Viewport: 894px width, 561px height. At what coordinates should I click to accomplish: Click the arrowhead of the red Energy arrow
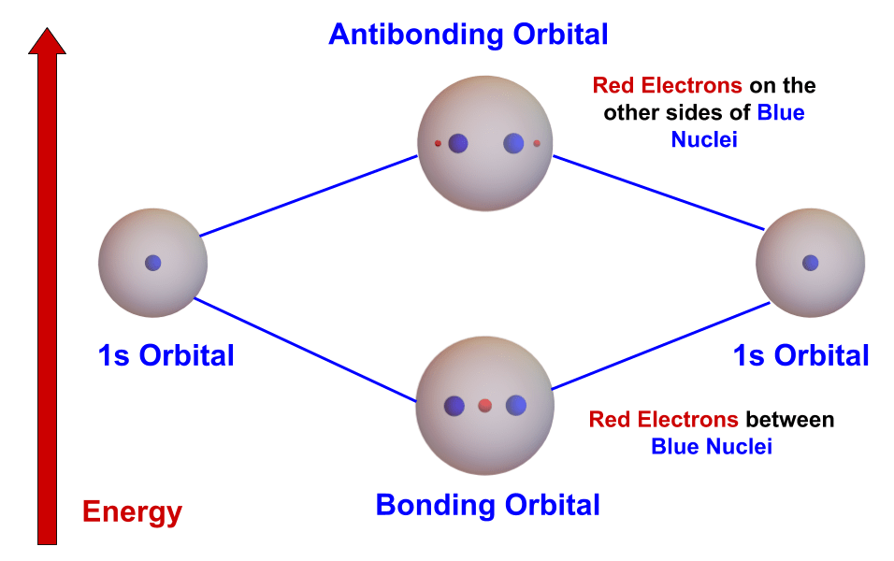[x=47, y=42]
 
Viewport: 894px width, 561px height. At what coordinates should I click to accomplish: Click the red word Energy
[x=132, y=511]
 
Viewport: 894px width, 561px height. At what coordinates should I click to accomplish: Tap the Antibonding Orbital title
[x=468, y=35]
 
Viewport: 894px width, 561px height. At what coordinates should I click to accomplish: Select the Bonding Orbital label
[x=487, y=505]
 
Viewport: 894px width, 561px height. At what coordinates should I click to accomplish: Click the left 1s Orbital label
[x=166, y=355]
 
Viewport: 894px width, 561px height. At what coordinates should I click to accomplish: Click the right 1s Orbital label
[x=801, y=355]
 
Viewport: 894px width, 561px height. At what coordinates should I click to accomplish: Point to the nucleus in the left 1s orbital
[x=153, y=263]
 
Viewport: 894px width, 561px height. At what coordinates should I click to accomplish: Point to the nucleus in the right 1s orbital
[x=811, y=263]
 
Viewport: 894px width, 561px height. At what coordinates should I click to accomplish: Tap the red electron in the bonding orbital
[x=484, y=406]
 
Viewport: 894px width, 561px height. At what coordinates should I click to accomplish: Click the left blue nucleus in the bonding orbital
[x=454, y=406]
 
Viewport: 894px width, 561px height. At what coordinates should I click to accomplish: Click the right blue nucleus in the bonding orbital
[x=516, y=406]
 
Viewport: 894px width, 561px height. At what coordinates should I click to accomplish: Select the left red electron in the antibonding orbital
[x=438, y=143]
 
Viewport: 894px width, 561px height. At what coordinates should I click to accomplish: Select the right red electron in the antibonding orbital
[x=537, y=143]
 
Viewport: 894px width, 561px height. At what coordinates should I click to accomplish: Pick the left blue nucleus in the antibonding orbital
[x=458, y=143]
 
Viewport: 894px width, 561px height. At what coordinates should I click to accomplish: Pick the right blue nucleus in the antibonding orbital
[x=513, y=143]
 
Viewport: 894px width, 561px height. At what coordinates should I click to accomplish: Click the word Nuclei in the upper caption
[x=704, y=139]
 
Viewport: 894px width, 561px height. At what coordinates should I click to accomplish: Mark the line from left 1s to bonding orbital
[x=304, y=348]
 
